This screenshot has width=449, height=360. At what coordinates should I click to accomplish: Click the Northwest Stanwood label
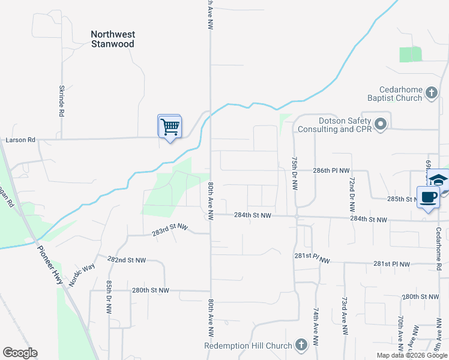pos(112,39)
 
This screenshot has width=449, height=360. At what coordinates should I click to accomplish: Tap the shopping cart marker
pos(170,127)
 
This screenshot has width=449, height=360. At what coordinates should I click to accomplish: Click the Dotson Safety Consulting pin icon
pos(380,124)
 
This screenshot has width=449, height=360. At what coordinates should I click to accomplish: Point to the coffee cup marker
pos(428,197)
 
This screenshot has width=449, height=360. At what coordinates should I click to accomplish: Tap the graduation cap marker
pos(439,179)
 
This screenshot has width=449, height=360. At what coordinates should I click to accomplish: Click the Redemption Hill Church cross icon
pos(301,345)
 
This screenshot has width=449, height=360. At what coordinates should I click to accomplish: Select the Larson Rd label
pos(20,140)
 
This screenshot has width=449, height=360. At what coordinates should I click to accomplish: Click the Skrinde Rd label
pos(61,99)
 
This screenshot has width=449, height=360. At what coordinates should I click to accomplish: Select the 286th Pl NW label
pos(331,170)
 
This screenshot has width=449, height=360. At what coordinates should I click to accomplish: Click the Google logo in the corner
pos(20,353)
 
